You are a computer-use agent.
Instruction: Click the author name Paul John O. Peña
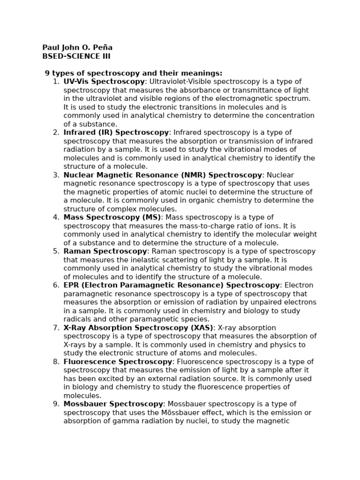pos(77,48)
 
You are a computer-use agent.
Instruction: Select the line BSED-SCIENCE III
pos(76,57)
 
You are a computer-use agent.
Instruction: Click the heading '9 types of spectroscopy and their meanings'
pos(134,73)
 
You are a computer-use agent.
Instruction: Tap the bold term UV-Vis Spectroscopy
pos(104,82)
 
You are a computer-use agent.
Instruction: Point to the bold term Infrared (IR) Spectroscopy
pos(116,133)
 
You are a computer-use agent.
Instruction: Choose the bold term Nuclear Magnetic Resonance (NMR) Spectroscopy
pos(163,175)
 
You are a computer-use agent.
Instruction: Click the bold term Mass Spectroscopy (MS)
pos(112,217)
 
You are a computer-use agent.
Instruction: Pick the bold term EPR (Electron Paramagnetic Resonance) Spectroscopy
pos(172,285)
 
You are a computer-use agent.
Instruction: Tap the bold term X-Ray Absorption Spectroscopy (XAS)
pos(138,328)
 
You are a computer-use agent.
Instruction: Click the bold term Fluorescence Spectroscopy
pos(118,362)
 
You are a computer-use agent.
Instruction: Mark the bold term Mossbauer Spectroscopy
pos(113,404)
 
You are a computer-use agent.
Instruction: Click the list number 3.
pos(56,175)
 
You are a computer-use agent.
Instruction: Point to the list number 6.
pos(56,285)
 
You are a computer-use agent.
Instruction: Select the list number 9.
pos(56,404)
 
